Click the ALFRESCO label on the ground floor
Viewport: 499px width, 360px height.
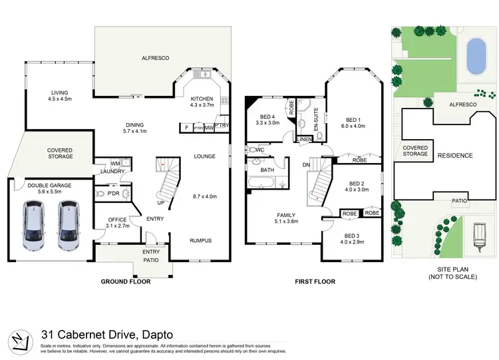click(x=155, y=59)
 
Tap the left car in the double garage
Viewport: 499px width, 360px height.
click(x=33, y=225)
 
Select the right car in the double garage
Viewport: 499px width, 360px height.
click(x=67, y=225)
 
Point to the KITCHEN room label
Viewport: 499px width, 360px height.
click(x=202, y=98)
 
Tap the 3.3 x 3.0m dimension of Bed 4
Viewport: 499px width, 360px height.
click(x=269, y=123)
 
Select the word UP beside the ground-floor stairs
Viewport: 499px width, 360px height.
click(x=161, y=202)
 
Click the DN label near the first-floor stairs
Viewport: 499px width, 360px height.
click(x=305, y=164)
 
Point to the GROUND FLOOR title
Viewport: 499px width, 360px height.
click(x=125, y=281)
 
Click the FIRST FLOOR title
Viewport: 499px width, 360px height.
click(x=315, y=281)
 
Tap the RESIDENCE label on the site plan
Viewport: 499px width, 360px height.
click(x=455, y=156)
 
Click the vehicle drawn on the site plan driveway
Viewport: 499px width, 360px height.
click(x=479, y=236)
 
